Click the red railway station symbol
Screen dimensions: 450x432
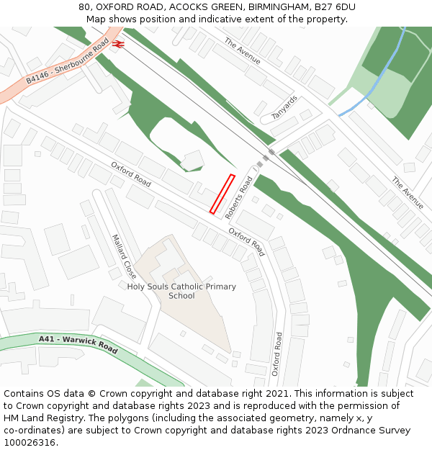tap(119, 44)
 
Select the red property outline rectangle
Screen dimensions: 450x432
tap(222, 194)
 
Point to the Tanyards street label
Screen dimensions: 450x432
tap(284, 107)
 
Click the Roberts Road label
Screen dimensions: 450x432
tap(238, 198)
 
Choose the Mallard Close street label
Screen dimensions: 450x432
tap(124, 256)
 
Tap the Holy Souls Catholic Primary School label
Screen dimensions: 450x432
tap(181, 291)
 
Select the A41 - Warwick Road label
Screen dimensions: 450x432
tap(78, 343)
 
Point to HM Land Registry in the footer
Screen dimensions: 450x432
tap(42, 418)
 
